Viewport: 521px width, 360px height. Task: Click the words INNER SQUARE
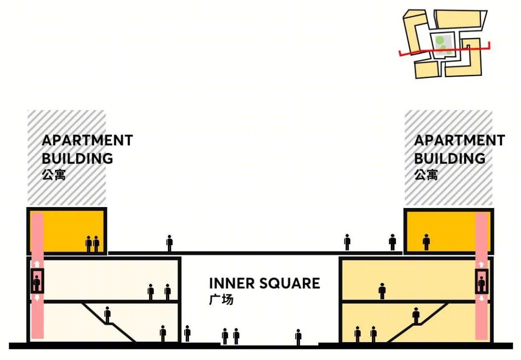264,283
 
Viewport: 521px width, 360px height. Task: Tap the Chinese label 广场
221,300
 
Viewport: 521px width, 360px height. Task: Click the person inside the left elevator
37,283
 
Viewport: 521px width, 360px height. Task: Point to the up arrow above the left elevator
37,264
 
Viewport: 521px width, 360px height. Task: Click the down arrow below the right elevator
481,298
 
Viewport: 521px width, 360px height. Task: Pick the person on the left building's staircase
107,315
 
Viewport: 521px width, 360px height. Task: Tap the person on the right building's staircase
416,316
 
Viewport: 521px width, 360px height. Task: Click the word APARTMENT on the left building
87,140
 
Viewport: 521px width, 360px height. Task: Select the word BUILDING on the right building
450,158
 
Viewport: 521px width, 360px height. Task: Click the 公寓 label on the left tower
54,175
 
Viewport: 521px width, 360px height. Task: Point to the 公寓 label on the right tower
426,175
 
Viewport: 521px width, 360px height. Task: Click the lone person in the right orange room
426,242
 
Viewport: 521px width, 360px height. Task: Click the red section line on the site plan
445,50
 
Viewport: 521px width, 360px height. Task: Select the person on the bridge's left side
169,243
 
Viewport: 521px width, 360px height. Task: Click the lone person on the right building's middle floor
382,291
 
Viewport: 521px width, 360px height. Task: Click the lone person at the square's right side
299,337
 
